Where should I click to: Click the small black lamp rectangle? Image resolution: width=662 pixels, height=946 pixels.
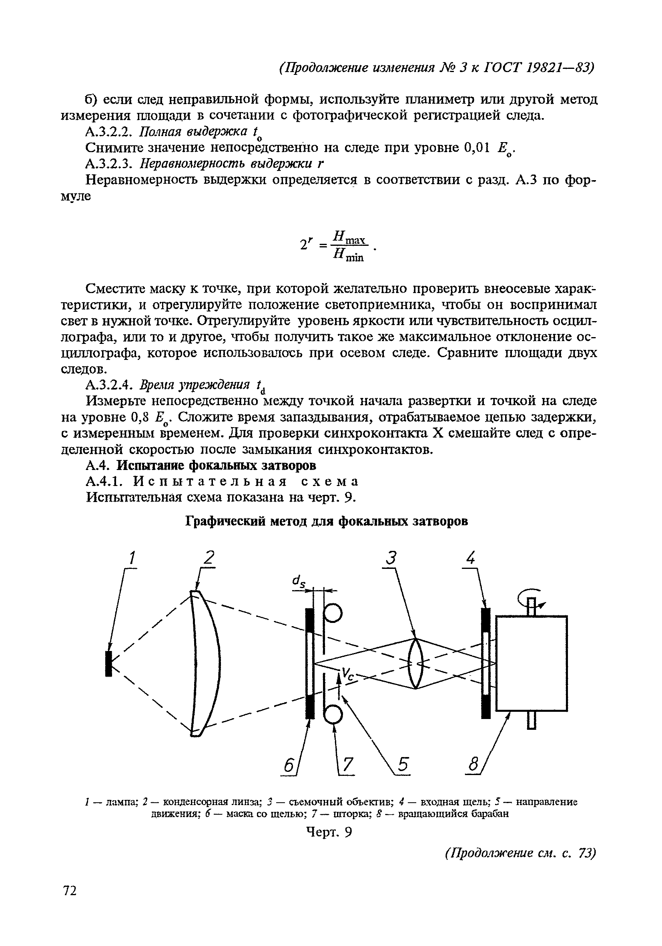pos(108,663)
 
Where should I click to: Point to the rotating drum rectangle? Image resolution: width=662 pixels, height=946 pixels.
pos(532,663)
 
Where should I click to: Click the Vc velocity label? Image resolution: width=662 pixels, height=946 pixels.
pos(348,675)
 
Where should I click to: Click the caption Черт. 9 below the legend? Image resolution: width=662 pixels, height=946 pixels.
pos(330,833)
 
